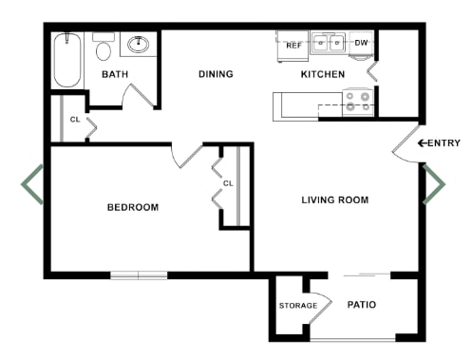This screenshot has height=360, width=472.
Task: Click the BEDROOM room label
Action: point(132,207)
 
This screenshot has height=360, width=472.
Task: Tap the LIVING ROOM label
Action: point(334,200)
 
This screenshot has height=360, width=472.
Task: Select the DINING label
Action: point(216,74)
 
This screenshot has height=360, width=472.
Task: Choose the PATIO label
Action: point(362,305)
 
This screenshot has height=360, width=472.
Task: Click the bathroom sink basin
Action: point(140,44)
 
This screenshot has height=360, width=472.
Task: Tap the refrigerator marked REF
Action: point(293,44)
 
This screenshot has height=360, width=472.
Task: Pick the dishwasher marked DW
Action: point(361,43)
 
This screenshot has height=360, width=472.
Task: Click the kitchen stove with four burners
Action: point(357,101)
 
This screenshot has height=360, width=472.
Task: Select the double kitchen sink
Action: point(330,43)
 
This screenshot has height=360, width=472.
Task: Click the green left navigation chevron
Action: point(32,184)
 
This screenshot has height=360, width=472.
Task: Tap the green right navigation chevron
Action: point(434,184)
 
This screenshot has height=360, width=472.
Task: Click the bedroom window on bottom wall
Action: point(139,275)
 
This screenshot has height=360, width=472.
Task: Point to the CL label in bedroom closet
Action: point(228,183)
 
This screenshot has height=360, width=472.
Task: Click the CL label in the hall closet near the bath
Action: point(75,121)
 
